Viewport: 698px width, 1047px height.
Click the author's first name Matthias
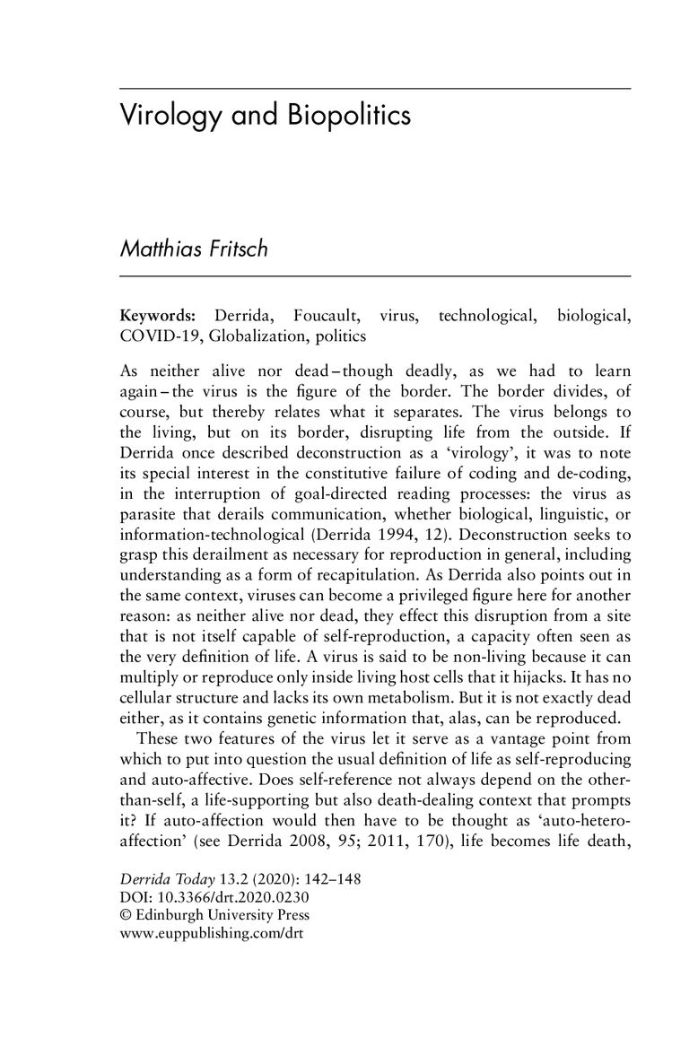coord(163,250)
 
